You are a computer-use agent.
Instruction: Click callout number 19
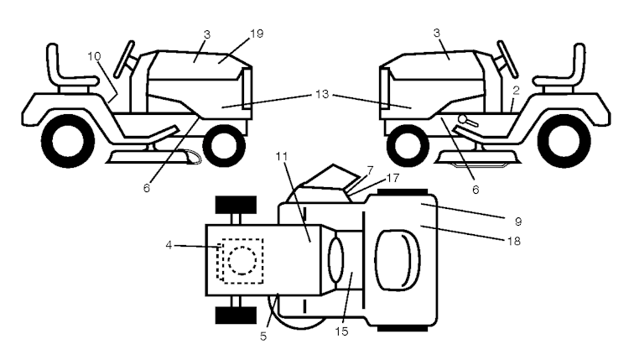coord(257,33)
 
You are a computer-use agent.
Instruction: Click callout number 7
coord(369,170)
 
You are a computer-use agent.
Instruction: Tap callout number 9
coord(518,222)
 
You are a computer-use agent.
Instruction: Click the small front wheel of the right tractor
coord(406,142)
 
